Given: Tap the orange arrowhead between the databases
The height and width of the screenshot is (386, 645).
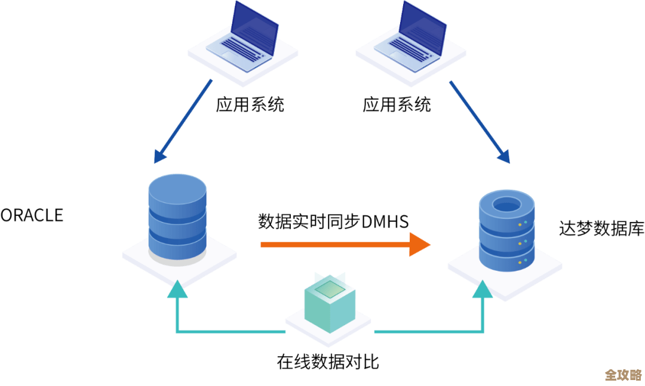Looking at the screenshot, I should pos(420,245).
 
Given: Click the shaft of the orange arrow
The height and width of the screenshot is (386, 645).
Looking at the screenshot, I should pos(334,245).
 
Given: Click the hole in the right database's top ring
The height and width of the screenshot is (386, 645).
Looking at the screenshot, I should pos(507,205).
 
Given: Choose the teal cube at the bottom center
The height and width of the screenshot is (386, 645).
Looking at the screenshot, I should pos(328,307).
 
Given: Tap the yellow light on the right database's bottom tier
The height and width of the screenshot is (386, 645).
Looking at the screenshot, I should pos(525,261).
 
